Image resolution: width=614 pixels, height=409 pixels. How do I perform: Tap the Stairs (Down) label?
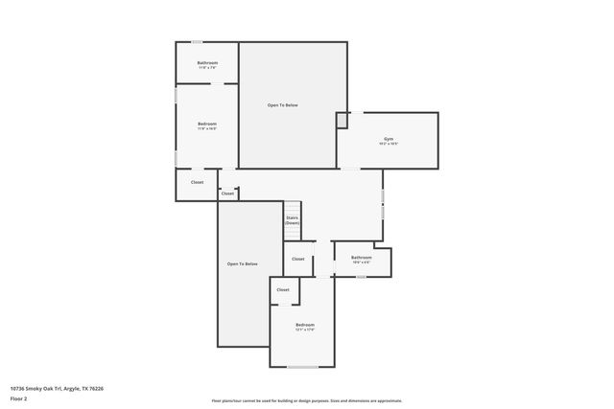(292, 220)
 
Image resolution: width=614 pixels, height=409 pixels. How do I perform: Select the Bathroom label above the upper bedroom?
(207, 63)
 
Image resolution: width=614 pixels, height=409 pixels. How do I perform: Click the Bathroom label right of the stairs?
(361, 257)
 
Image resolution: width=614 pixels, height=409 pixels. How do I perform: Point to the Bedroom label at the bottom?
(304, 326)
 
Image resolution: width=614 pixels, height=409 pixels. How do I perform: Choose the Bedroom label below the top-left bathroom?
(207, 124)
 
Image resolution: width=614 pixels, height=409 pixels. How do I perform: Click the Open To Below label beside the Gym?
(282, 104)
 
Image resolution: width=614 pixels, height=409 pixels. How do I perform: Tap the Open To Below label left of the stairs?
(242, 263)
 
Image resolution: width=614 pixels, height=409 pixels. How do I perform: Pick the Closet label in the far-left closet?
(197, 182)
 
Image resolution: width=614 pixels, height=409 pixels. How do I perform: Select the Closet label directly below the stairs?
(298, 259)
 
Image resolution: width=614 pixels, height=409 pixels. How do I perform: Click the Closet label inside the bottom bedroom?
(283, 289)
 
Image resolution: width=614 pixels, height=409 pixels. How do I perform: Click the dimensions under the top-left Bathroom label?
(207, 68)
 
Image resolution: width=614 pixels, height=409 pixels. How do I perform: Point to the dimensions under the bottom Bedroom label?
(304, 331)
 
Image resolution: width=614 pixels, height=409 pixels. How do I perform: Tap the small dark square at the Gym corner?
(342, 120)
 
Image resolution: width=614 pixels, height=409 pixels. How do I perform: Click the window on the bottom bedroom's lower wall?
(303, 367)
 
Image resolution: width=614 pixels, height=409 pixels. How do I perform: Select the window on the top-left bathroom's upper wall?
(198, 41)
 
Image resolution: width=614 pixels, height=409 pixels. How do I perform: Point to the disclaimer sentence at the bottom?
(306, 400)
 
